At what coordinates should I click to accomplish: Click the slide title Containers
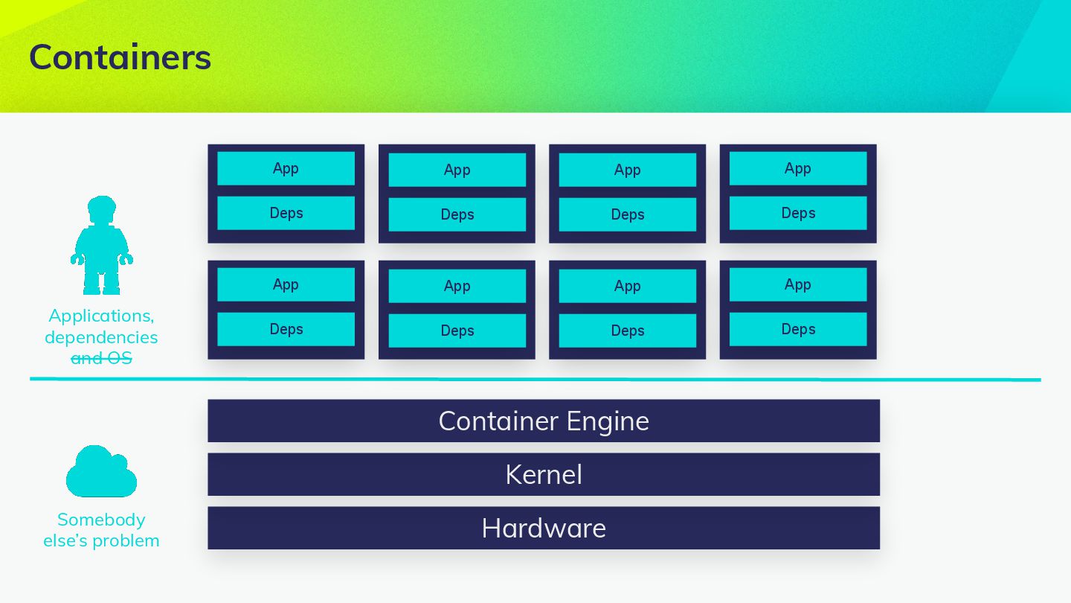coord(120,57)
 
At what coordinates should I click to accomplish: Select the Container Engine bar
coord(543,421)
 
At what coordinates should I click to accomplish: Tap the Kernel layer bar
coord(543,474)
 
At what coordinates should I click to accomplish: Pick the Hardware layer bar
coord(543,528)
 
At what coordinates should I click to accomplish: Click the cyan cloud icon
coord(101,472)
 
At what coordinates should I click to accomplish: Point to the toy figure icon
coord(101,246)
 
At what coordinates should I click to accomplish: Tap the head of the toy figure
coord(102,208)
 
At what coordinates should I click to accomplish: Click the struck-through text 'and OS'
coord(101,358)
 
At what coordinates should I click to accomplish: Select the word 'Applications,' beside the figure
coord(101,316)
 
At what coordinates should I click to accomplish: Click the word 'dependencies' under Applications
coord(101,337)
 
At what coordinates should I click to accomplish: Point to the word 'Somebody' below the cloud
coord(101,520)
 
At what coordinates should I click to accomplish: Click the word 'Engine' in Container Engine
coord(607,421)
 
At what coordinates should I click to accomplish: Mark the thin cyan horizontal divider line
coord(535,379)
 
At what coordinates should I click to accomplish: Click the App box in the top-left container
coord(286,168)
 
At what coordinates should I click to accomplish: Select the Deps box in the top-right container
coord(798,213)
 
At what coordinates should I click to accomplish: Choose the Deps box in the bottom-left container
coord(286,329)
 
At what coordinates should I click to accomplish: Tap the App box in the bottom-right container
coord(798,284)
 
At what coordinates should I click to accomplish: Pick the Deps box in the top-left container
coord(286,213)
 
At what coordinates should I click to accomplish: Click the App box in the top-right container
coord(798,168)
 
